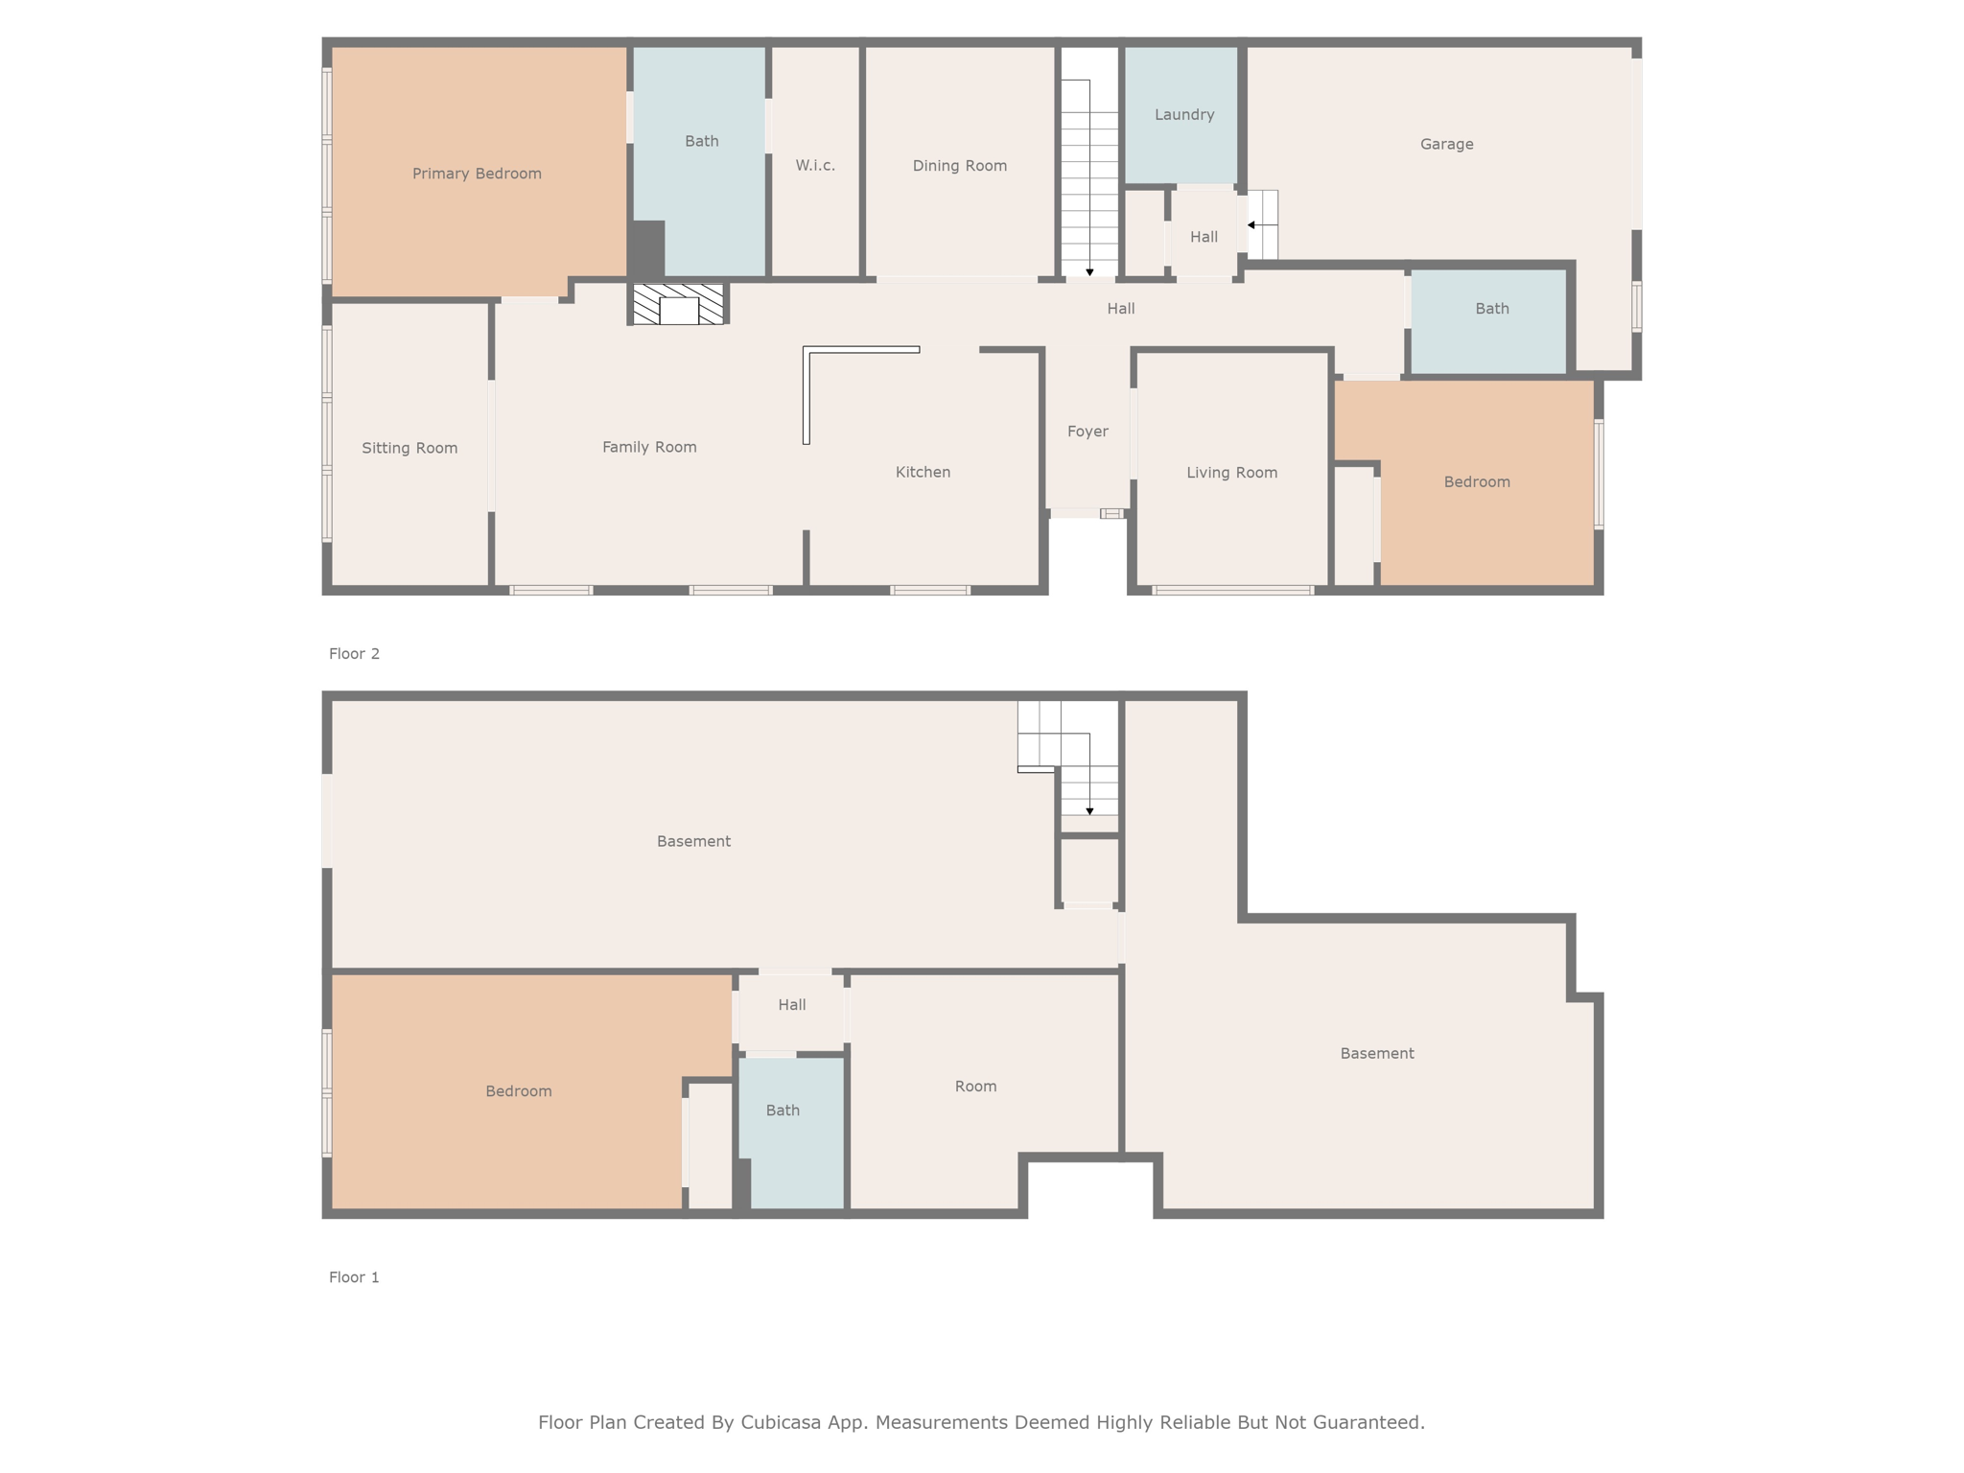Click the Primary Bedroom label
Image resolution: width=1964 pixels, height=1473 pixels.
point(477,174)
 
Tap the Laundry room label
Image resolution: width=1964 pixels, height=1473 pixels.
point(1184,115)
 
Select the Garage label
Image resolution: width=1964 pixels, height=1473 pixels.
point(1446,144)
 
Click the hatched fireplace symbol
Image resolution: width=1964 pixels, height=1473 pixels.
point(678,304)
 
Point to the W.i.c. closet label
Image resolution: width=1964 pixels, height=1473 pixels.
point(815,165)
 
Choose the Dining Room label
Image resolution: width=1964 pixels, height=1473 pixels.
point(959,166)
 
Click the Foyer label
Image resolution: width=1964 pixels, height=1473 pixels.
point(1087,432)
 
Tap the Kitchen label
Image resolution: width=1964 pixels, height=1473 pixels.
point(923,472)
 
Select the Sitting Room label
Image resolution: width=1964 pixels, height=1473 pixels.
point(409,448)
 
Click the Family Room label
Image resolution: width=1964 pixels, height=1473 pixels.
point(649,447)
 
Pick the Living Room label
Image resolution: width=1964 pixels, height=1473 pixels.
point(1231,473)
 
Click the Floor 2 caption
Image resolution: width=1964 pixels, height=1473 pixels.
point(354,654)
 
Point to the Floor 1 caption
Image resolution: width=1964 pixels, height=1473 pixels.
point(354,1277)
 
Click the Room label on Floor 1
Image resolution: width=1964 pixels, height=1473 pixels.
point(975,1087)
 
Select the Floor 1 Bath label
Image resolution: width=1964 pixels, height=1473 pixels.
point(783,1111)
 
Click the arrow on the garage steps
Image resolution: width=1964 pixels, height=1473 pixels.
point(1262,225)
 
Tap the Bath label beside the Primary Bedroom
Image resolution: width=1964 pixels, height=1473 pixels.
point(701,141)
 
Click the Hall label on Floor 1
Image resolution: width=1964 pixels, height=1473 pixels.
point(791,1005)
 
